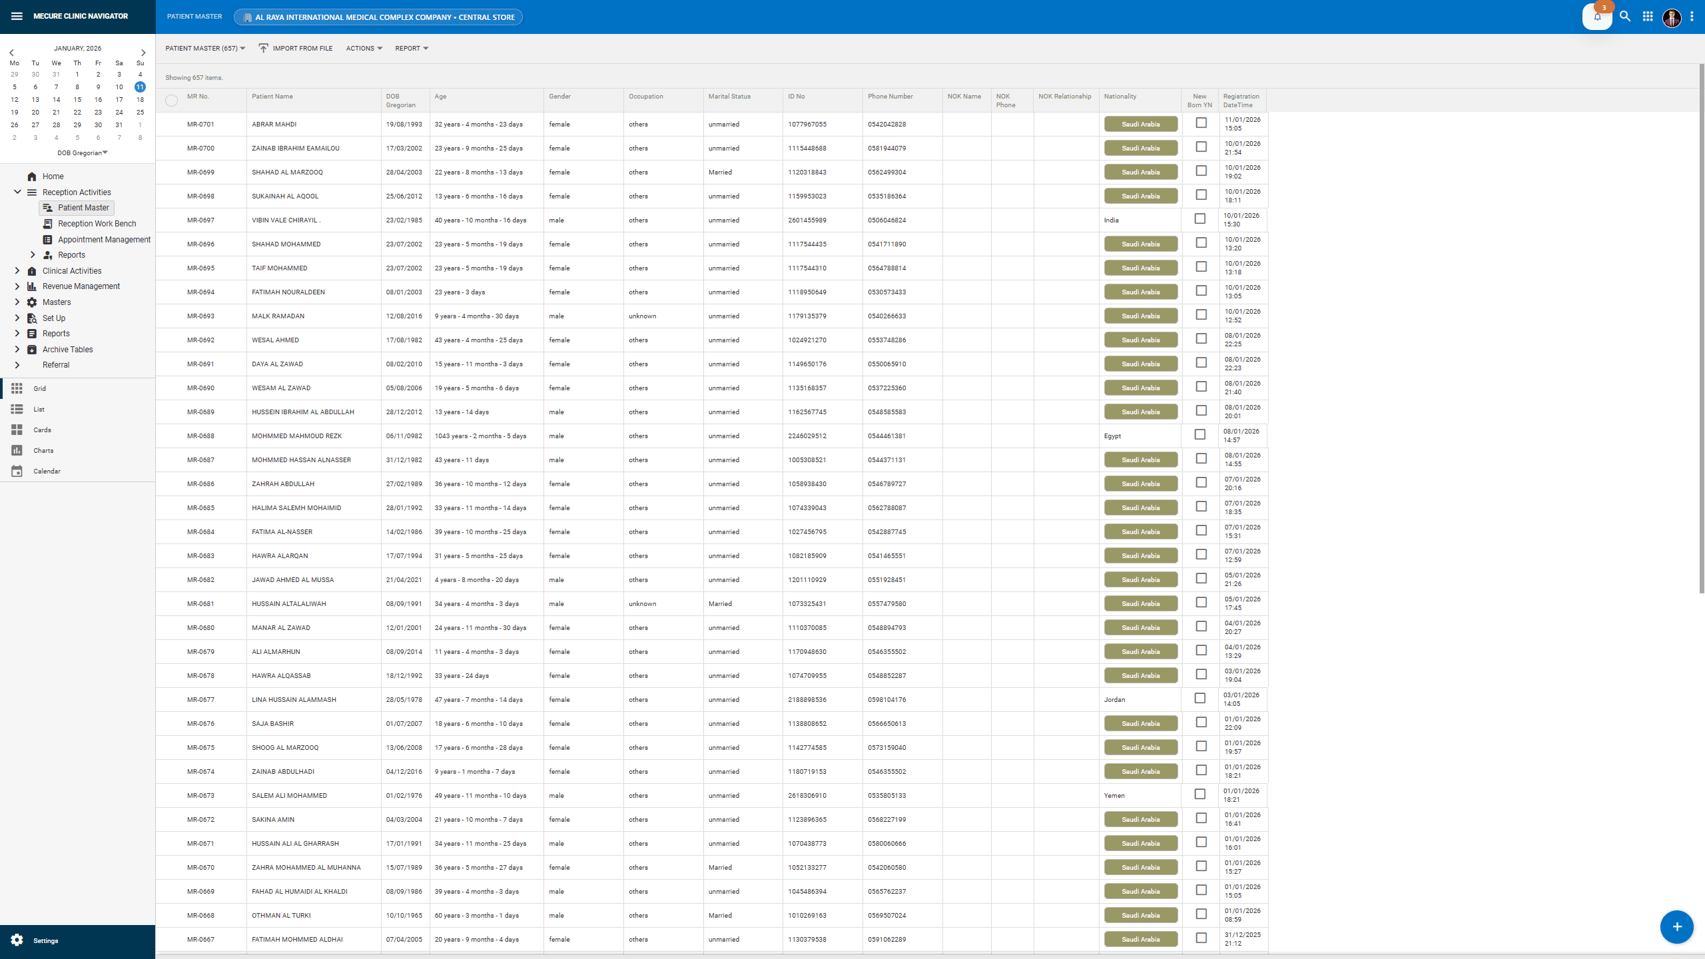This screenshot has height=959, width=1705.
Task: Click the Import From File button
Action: (296, 49)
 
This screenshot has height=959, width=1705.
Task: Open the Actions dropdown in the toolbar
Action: (364, 49)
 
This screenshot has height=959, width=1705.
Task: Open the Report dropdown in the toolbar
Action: (411, 49)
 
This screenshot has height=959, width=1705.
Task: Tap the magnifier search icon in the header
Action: (1625, 17)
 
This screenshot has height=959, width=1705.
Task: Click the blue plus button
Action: (1676, 927)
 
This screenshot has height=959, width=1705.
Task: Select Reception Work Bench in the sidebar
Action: (97, 224)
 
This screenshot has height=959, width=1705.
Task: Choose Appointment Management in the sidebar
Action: (104, 240)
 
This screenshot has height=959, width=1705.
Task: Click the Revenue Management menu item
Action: (81, 286)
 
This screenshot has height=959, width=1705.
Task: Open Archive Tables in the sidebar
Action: (67, 350)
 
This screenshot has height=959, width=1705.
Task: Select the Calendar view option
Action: (47, 472)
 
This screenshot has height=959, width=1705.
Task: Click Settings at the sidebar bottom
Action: (45, 940)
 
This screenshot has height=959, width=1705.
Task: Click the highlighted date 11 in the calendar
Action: (140, 87)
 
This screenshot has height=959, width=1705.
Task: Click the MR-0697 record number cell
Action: (200, 220)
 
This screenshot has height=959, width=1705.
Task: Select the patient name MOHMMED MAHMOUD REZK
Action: (296, 436)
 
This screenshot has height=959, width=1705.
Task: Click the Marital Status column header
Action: (729, 97)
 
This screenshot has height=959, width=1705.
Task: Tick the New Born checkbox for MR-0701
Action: (1201, 123)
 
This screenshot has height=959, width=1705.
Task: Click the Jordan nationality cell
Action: (1114, 700)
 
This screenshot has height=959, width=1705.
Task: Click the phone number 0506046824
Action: (886, 220)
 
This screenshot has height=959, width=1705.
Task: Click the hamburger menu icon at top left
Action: (17, 16)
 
